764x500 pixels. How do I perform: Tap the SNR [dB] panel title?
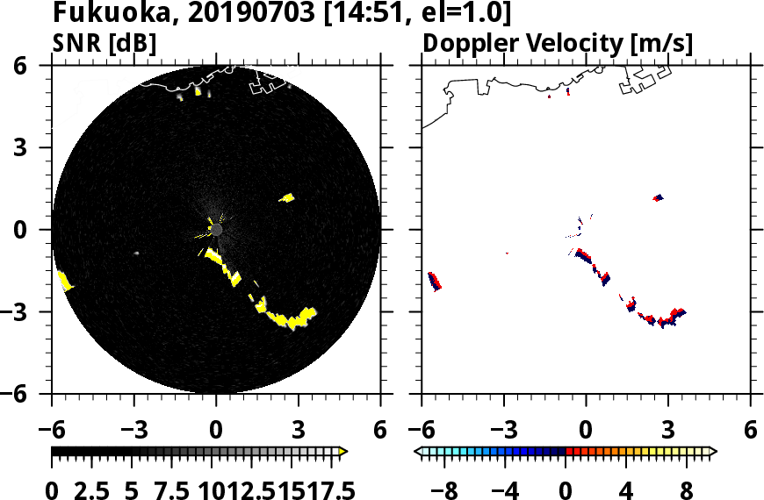(x=105, y=43)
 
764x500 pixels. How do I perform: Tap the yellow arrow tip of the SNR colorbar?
(x=343, y=452)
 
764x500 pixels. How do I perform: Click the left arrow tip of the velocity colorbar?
(x=419, y=452)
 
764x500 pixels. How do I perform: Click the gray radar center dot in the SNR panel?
(x=217, y=230)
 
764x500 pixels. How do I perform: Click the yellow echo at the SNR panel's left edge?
(x=64, y=281)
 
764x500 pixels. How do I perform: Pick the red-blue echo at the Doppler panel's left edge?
(x=434, y=281)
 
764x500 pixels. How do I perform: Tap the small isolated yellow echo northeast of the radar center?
(x=286, y=198)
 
